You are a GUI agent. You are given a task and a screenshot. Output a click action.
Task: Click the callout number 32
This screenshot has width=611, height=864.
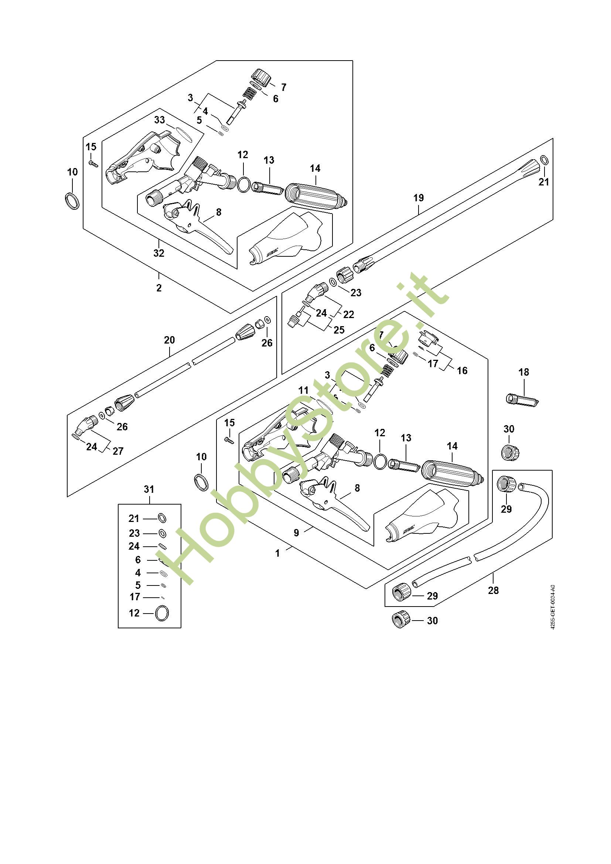(x=159, y=253)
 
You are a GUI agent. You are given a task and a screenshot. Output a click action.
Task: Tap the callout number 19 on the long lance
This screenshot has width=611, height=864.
(x=419, y=198)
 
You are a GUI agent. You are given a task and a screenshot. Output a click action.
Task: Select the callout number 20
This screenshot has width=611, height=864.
(x=169, y=340)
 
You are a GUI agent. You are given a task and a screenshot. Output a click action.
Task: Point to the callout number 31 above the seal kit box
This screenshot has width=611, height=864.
(x=149, y=489)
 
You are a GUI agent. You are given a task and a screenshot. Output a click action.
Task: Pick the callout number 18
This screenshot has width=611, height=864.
(x=524, y=372)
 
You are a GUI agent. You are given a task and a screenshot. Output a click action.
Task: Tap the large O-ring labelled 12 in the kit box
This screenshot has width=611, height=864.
(x=162, y=613)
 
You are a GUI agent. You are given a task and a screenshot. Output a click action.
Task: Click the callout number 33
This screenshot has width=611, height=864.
(x=160, y=120)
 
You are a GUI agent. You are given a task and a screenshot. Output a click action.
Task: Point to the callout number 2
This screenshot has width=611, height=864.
(x=159, y=288)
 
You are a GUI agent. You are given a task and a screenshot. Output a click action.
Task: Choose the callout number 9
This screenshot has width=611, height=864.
(x=297, y=533)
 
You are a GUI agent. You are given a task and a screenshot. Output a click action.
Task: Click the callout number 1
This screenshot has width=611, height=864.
(x=278, y=553)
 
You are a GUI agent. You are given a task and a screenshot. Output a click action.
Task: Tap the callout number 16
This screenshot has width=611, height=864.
(x=462, y=370)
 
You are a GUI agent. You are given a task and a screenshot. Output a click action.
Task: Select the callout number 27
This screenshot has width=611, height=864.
(x=118, y=451)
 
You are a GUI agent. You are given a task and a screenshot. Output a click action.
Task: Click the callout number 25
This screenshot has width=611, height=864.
(x=339, y=329)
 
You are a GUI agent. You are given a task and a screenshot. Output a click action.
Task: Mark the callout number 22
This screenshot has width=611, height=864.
(x=349, y=314)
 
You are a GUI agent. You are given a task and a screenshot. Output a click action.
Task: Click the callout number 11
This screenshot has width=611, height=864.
(x=304, y=390)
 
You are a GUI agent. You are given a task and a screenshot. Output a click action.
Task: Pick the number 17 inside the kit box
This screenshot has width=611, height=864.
(x=135, y=597)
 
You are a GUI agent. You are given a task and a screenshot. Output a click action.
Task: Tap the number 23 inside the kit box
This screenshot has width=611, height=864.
(x=134, y=533)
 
